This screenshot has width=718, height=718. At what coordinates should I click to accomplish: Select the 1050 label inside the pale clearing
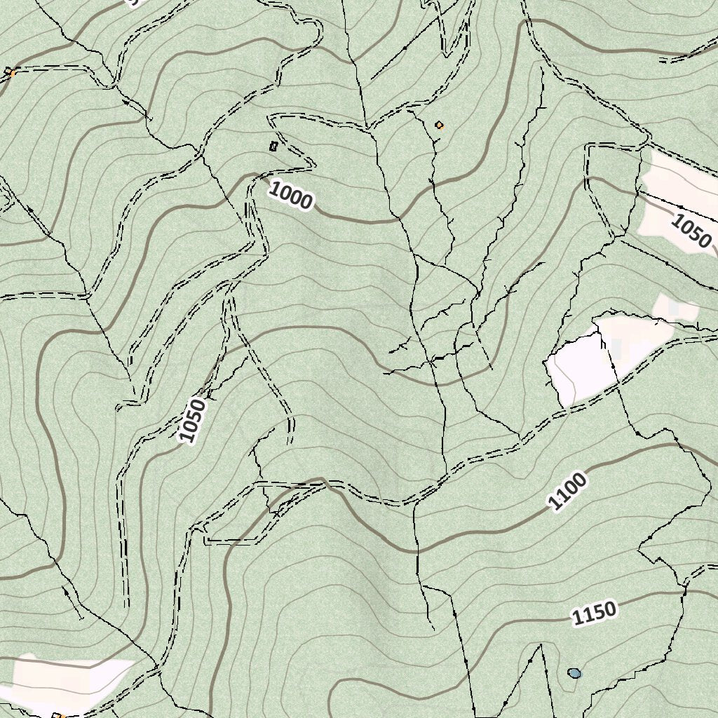point(691,231)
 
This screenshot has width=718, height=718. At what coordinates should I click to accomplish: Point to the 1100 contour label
point(567,492)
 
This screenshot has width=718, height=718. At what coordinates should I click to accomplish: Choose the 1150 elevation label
point(595,613)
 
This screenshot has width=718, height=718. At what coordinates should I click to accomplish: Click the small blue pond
point(575,674)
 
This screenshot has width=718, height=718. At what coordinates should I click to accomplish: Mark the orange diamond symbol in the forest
point(439,126)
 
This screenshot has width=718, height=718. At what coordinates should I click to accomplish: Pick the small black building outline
point(273,146)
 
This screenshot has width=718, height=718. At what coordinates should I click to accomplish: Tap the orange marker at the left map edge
point(10,72)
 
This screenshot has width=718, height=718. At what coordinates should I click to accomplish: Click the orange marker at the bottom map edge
point(60,715)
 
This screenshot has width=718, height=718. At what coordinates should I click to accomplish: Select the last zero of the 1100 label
point(580,482)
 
